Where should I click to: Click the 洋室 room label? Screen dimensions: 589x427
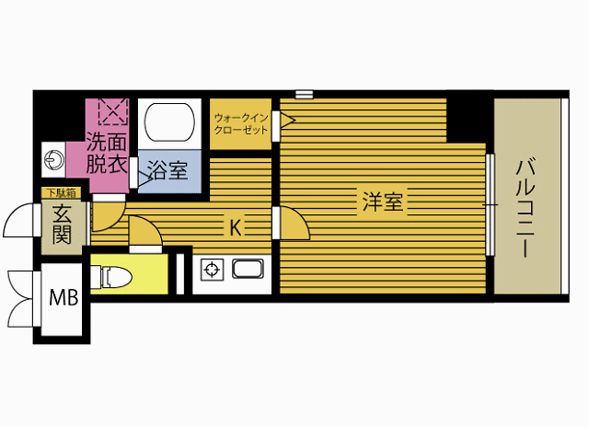click(x=383, y=202)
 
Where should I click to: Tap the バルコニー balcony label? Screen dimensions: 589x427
click(x=525, y=208)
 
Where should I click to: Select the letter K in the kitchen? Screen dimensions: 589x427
click(x=236, y=227)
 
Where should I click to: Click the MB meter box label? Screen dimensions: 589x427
click(x=64, y=298)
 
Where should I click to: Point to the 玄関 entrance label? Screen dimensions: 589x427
click(x=62, y=225)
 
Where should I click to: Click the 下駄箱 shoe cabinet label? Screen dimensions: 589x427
click(x=61, y=193)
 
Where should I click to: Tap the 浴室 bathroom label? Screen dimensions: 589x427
click(x=167, y=170)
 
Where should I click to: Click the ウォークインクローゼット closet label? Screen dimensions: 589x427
click(x=241, y=123)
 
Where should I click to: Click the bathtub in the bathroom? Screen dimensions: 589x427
click(x=169, y=122)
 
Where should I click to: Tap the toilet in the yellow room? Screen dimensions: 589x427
click(x=111, y=277)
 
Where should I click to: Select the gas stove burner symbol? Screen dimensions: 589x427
click(x=213, y=270)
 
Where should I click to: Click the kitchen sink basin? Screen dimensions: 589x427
click(x=248, y=269)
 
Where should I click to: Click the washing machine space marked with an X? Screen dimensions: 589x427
click(x=114, y=111)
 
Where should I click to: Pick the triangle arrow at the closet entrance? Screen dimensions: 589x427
click(x=288, y=121)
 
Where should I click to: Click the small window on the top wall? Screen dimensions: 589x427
click(x=304, y=94)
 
